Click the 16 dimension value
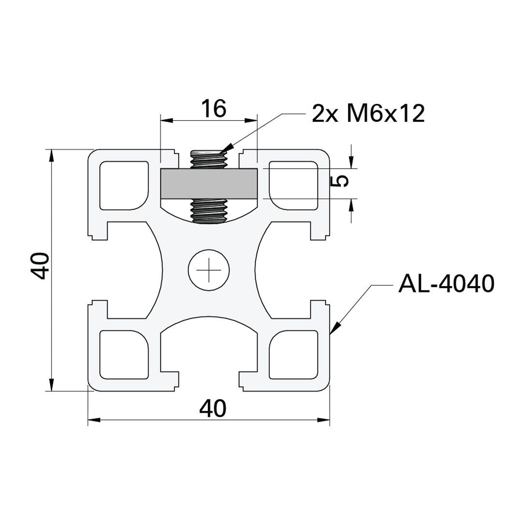tap(213, 109)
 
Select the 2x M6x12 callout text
tap(368, 114)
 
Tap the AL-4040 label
tap(446, 284)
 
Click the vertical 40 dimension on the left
tap(40, 266)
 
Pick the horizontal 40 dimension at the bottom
tap(213, 409)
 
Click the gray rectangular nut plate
tap(209, 183)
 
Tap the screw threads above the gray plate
tap(209, 159)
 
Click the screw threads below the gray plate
tap(209, 210)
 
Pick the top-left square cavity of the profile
tap(124, 186)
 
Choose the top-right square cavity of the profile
tap(293, 186)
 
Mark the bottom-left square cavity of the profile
tap(124, 354)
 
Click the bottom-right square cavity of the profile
tap(293, 354)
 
